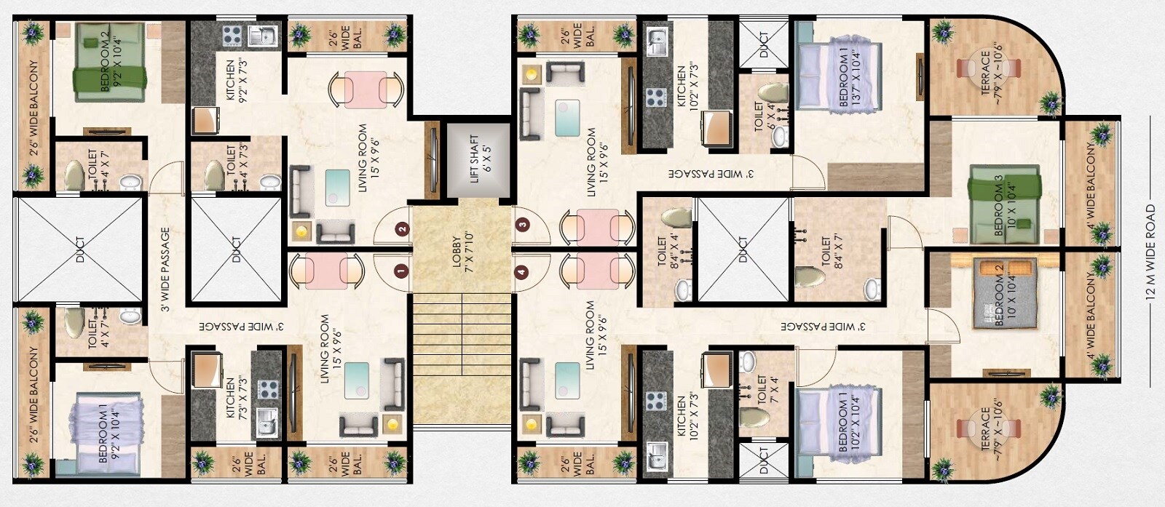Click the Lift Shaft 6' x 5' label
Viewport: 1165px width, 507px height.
475,159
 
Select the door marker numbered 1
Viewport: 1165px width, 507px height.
400,272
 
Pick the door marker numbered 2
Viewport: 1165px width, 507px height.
402,228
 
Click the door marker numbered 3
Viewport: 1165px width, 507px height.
521,225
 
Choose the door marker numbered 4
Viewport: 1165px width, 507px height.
521,273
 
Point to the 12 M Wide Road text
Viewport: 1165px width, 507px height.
1150,252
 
